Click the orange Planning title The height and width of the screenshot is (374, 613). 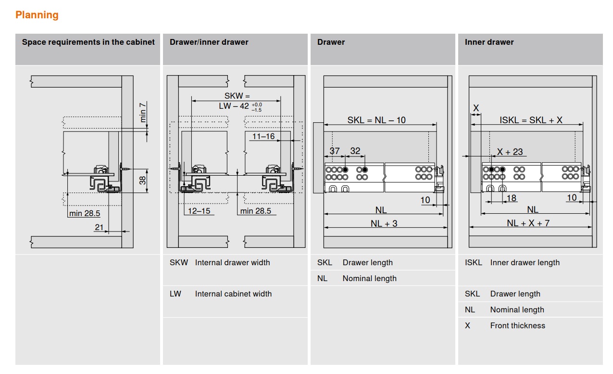(37, 15)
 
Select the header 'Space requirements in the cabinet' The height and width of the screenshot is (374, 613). (88, 42)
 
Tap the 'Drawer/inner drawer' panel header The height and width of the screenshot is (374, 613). (209, 42)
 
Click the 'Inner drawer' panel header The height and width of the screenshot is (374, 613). (489, 42)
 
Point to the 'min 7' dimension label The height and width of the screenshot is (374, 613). (143, 112)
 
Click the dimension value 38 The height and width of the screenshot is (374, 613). (142, 181)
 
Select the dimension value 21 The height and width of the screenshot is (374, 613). (99, 227)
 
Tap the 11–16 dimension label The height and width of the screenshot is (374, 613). (263, 136)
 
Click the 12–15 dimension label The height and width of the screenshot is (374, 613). (199, 211)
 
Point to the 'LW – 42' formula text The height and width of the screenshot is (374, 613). (234, 106)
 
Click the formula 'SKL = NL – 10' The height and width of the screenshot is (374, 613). (376, 120)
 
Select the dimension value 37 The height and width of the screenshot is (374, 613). (335, 151)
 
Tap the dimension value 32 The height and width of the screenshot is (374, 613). (355, 151)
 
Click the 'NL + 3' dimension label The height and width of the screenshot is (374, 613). (384, 223)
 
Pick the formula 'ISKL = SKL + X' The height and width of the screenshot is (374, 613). (531, 120)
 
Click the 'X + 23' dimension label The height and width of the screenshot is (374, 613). (510, 152)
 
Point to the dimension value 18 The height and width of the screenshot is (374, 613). (511, 198)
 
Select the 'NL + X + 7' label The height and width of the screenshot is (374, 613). (528, 223)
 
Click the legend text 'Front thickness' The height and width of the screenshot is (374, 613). (517, 325)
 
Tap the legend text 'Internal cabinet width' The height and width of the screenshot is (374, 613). (233, 294)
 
